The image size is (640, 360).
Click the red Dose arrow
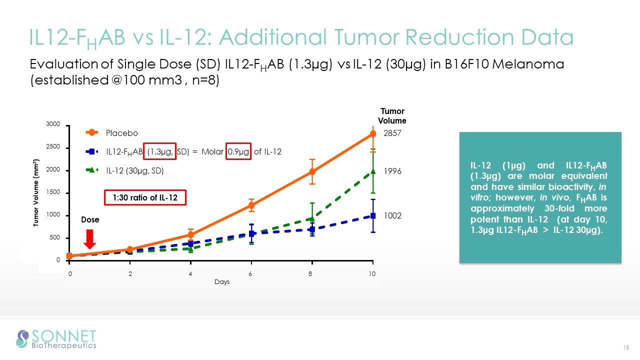pyautogui.click(x=89, y=238)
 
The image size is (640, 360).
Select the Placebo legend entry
pyautogui.click(x=121, y=133)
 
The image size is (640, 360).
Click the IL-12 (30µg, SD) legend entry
pyautogui.click(x=134, y=170)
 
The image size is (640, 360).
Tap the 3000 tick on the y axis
pyautogui.click(x=53, y=123)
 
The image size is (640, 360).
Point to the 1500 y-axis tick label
pyautogui.click(x=53, y=192)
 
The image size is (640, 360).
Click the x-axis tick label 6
pyautogui.click(x=251, y=274)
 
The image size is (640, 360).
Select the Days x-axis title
pyautogui.click(x=222, y=282)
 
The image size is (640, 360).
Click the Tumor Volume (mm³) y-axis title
pyautogui.click(x=36, y=192)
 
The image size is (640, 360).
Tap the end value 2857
pyautogui.click(x=392, y=134)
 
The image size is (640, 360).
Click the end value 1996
pyautogui.click(x=392, y=171)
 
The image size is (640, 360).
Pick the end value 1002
pyautogui.click(x=392, y=215)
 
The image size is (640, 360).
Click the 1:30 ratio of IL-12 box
pyautogui.click(x=145, y=197)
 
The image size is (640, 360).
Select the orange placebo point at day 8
pyautogui.click(x=312, y=171)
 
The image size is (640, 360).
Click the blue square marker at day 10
pyautogui.click(x=373, y=215)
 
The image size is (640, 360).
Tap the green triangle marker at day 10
pyautogui.click(x=373, y=172)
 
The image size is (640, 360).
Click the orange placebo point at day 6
pyautogui.click(x=251, y=205)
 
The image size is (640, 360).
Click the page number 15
pyautogui.click(x=625, y=347)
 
